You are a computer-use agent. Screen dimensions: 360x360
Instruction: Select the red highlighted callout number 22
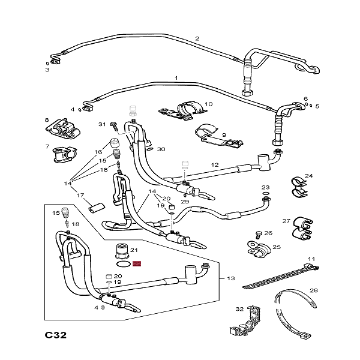coord(136,263)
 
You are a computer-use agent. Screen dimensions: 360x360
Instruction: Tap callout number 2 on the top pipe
coord(197,39)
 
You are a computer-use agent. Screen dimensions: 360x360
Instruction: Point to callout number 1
coord(176,78)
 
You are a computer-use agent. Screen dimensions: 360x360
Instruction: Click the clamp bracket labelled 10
coord(183,112)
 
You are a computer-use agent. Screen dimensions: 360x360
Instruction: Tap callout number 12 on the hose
coord(214,164)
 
